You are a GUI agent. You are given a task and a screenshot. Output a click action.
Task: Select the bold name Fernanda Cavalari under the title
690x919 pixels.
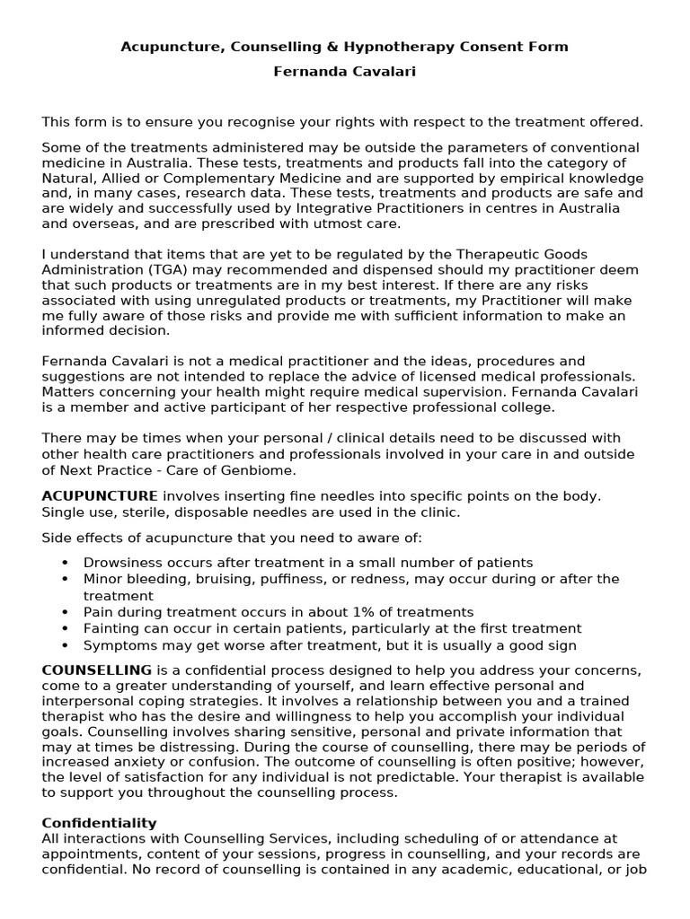click(345, 72)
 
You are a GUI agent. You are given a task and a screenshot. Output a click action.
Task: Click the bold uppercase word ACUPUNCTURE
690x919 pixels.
click(100, 496)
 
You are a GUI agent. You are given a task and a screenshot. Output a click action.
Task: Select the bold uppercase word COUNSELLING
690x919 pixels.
click(97, 670)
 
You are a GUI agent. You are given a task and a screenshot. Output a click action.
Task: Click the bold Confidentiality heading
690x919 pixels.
click(100, 823)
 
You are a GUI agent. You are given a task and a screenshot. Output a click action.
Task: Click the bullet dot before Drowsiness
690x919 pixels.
click(66, 564)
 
